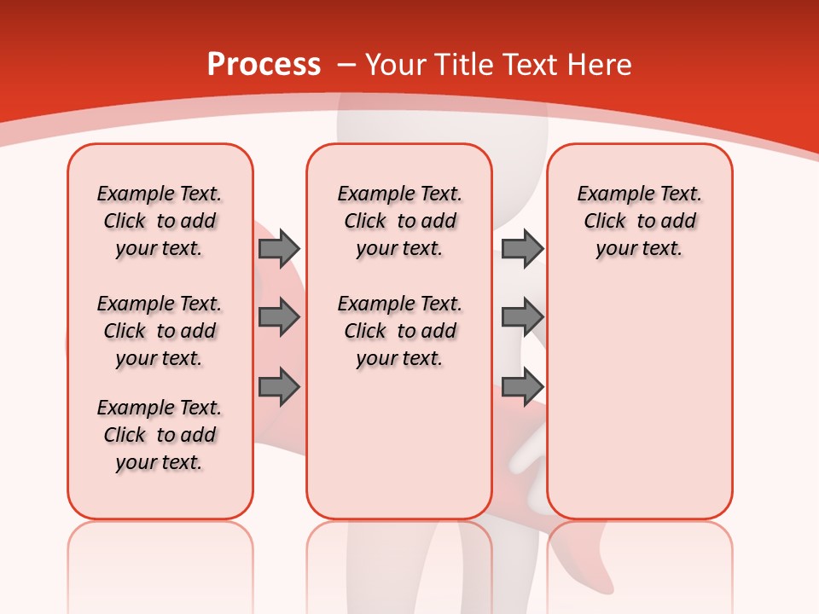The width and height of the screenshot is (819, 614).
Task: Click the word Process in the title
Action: [264, 65]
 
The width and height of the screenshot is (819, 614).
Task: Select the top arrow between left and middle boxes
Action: [279, 248]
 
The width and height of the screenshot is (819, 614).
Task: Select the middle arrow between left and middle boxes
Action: [279, 317]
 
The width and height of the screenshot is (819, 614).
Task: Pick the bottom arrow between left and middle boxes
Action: [279, 386]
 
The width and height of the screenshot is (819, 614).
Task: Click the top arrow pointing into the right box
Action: [522, 248]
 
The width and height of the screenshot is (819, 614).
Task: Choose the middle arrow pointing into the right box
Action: [522, 317]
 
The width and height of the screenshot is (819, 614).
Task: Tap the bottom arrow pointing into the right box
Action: [522, 386]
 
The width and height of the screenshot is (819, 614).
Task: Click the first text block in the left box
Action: [160, 221]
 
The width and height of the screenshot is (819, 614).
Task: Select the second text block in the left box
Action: [160, 331]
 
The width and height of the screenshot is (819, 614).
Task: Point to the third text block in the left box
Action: [160, 435]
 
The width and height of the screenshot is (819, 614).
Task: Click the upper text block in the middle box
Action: [399, 221]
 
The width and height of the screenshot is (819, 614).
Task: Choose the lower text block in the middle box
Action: [399, 331]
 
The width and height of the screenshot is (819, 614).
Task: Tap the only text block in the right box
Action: [639, 221]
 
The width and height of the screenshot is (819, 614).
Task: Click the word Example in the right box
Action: [608, 194]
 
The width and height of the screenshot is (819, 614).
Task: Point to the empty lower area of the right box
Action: [639, 392]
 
